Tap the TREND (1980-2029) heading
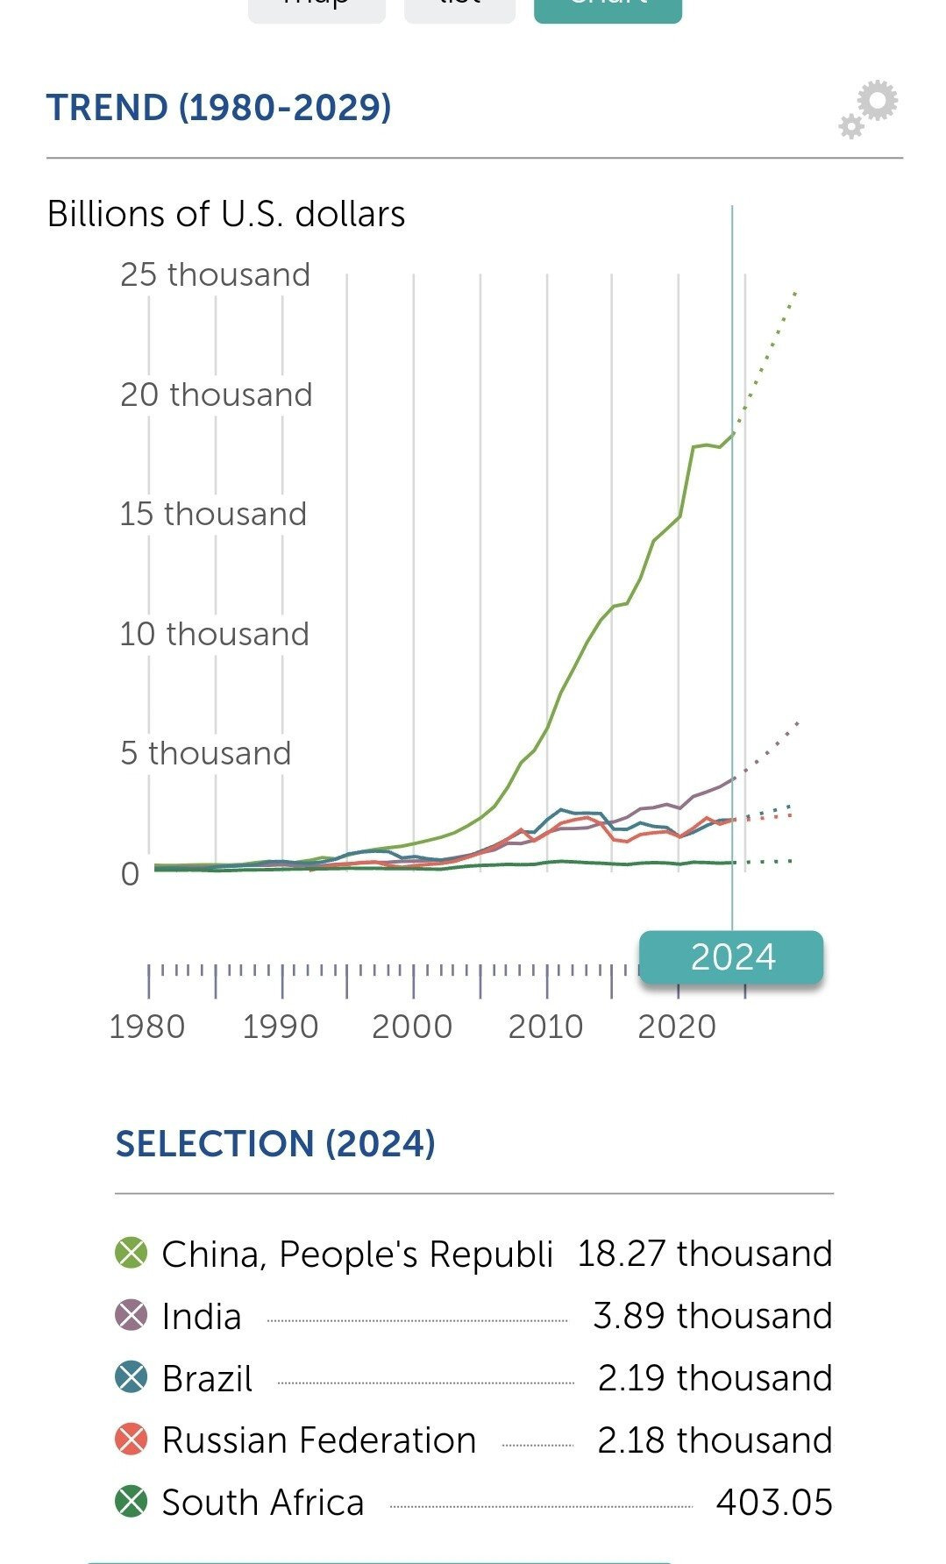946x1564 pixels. click(x=218, y=108)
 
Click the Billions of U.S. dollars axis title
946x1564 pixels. click(x=226, y=214)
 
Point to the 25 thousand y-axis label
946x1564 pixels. click(x=215, y=274)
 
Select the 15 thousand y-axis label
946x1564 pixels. click(x=213, y=514)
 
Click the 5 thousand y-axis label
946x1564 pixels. click(x=205, y=753)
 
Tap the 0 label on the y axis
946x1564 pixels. click(x=130, y=873)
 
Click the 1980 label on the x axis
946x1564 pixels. click(x=146, y=1026)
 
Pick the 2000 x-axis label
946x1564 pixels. click(x=412, y=1026)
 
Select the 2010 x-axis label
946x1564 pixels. click(x=545, y=1026)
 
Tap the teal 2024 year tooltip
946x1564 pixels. click(x=732, y=956)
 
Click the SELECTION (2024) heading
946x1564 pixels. click(x=275, y=1143)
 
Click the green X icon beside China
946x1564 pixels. click(x=132, y=1253)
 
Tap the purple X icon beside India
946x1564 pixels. click(x=132, y=1316)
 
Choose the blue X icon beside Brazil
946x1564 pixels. click(x=132, y=1377)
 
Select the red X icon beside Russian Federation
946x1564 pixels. click(x=132, y=1440)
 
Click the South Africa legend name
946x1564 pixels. click(x=263, y=1502)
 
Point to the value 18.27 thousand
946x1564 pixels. click(x=704, y=1254)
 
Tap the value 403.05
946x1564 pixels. click(x=773, y=1502)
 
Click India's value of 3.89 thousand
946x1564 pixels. click(x=712, y=1316)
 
